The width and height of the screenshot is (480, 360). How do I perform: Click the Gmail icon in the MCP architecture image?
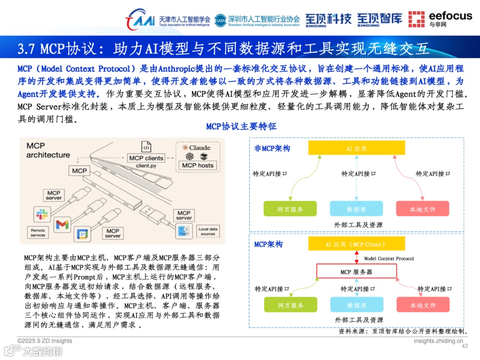coord(62,224)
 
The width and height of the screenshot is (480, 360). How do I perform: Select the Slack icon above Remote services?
coord(42,215)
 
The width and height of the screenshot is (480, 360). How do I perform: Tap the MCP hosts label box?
coord(197,165)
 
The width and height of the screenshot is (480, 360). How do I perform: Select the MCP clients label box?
coord(146,158)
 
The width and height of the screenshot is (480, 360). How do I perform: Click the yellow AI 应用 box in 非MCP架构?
coord(356,148)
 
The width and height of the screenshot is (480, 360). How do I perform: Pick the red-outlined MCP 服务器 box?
coord(356,272)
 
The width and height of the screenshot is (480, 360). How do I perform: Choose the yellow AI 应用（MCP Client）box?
coord(356,244)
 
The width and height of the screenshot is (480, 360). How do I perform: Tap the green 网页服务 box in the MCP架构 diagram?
coord(291,305)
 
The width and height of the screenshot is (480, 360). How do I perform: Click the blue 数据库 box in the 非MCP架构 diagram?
coord(356,209)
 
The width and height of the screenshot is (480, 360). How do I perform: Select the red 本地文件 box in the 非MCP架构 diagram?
coord(422,209)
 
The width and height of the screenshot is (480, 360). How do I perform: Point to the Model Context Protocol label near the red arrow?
coord(389,258)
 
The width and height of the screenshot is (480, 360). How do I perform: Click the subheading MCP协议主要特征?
coord(241,127)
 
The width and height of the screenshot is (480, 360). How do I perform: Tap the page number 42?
coord(465,346)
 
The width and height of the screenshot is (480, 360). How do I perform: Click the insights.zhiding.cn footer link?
coord(438,341)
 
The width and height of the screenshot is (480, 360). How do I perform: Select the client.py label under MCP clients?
coord(146,166)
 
